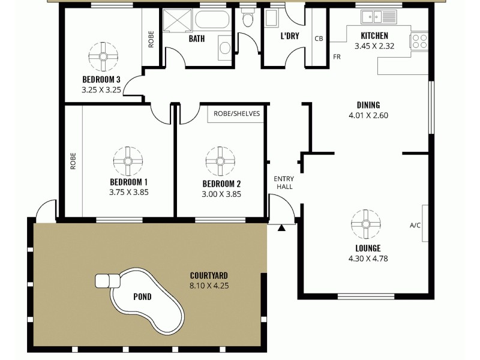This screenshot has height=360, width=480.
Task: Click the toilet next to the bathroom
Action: tap(247, 19)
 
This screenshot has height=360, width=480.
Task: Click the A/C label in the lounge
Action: tap(415, 226)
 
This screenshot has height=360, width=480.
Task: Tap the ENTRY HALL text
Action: tap(283, 183)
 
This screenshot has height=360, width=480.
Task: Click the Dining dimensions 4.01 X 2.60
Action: tap(368, 116)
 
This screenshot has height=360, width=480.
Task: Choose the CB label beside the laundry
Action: tap(319, 38)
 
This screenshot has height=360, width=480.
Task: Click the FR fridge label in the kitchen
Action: tap(337, 58)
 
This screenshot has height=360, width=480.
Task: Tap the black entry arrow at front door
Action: tap(281, 227)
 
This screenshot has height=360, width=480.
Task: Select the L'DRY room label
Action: tap(290, 36)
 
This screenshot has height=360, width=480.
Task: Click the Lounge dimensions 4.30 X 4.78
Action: tap(367, 259)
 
